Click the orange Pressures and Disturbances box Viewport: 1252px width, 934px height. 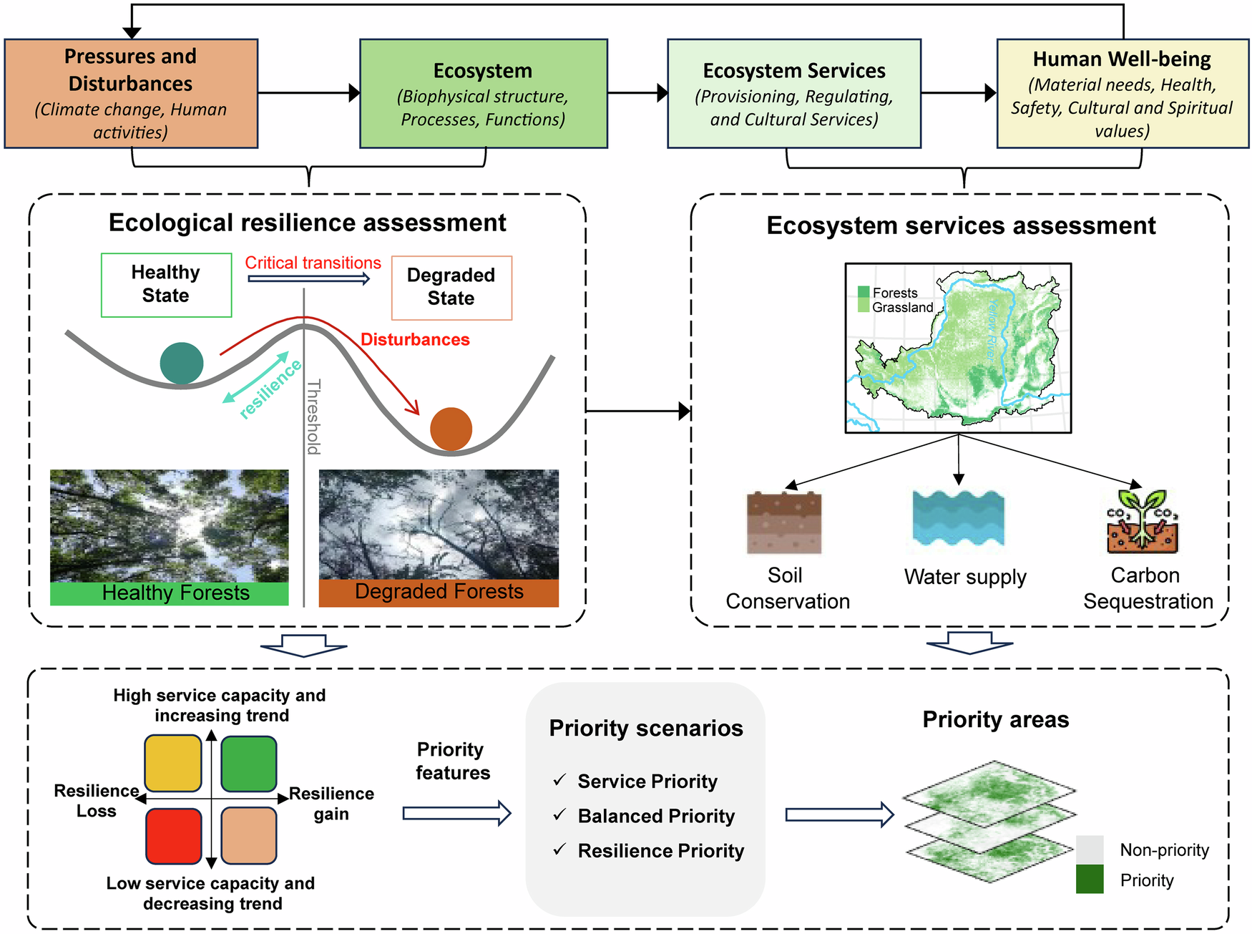pyautogui.click(x=131, y=94)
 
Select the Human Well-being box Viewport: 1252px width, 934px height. pyautogui.click(x=1122, y=94)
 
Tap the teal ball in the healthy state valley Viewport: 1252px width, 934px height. pyautogui.click(x=182, y=364)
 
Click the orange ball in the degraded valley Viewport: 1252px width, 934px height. pyautogui.click(x=451, y=429)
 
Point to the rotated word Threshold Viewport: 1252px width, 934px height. pyautogui.click(x=313, y=417)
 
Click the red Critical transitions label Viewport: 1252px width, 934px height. pyautogui.click(x=313, y=263)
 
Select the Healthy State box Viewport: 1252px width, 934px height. pyautogui.click(x=166, y=284)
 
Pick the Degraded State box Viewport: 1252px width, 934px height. pyautogui.click(x=451, y=287)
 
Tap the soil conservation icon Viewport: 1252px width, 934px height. pyautogui.click(x=783, y=522)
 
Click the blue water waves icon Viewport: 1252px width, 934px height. pyautogui.click(x=958, y=518)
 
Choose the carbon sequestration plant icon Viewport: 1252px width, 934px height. pyautogui.click(x=1143, y=522)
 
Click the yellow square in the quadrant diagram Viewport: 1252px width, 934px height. pyautogui.click(x=173, y=763)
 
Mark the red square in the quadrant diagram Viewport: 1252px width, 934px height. pyautogui.click(x=173, y=836)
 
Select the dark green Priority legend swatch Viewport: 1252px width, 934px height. pyautogui.click(x=1089, y=879)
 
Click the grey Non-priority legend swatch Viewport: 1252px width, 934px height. pyautogui.click(x=1089, y=849)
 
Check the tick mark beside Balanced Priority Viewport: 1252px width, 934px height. pyautogui.click(x=559, y=814)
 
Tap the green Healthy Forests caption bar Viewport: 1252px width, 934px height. pyautogui.click(x=170, y=593)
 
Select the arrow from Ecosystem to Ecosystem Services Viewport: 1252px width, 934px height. pyautogui.click(x=637, y=92)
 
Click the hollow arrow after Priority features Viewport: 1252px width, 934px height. pyautogui.click(x=456, y=813)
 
